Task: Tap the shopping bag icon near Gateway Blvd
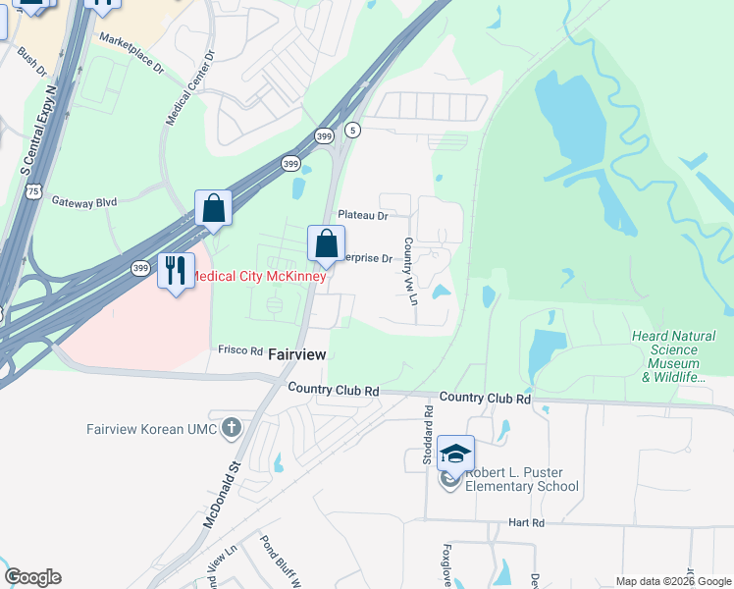pyautogui.click(x=213, y=208)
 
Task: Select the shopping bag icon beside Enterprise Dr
pyautogui.click(x=326, y=243)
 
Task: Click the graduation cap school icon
pyautogui.click(x=455, y=453)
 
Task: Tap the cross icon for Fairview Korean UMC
pyautogui.click(x=231, y=427)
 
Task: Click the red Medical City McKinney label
pyautogui.click(x=257, y=276)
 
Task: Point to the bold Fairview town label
pyautogui.click(x=296, y=353)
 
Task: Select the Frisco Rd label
pyautogui.click(x=240, y=350)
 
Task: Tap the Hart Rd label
pyautogui.click(x=525, y=523)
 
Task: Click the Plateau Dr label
pyautogui.click(x=362, y=214)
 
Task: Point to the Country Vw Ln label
pyautogui.click(x=410, y=271)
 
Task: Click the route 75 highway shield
pyautogui.click(x=34, y=192)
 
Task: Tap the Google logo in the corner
pyautogui.click(x=32, y=577)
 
